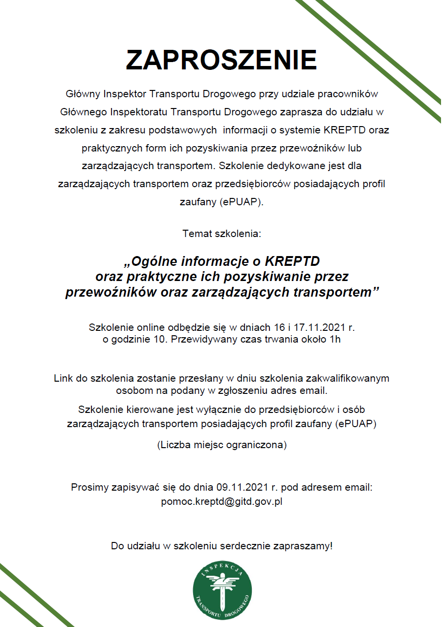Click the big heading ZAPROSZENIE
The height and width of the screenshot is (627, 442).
pos(221,60)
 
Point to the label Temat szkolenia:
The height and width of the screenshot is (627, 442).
pos(222,234)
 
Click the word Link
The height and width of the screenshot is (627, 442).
pos(63,378)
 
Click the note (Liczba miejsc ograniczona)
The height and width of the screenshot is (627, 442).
pos(221,445)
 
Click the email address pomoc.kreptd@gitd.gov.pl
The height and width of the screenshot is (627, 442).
pos(221,501)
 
